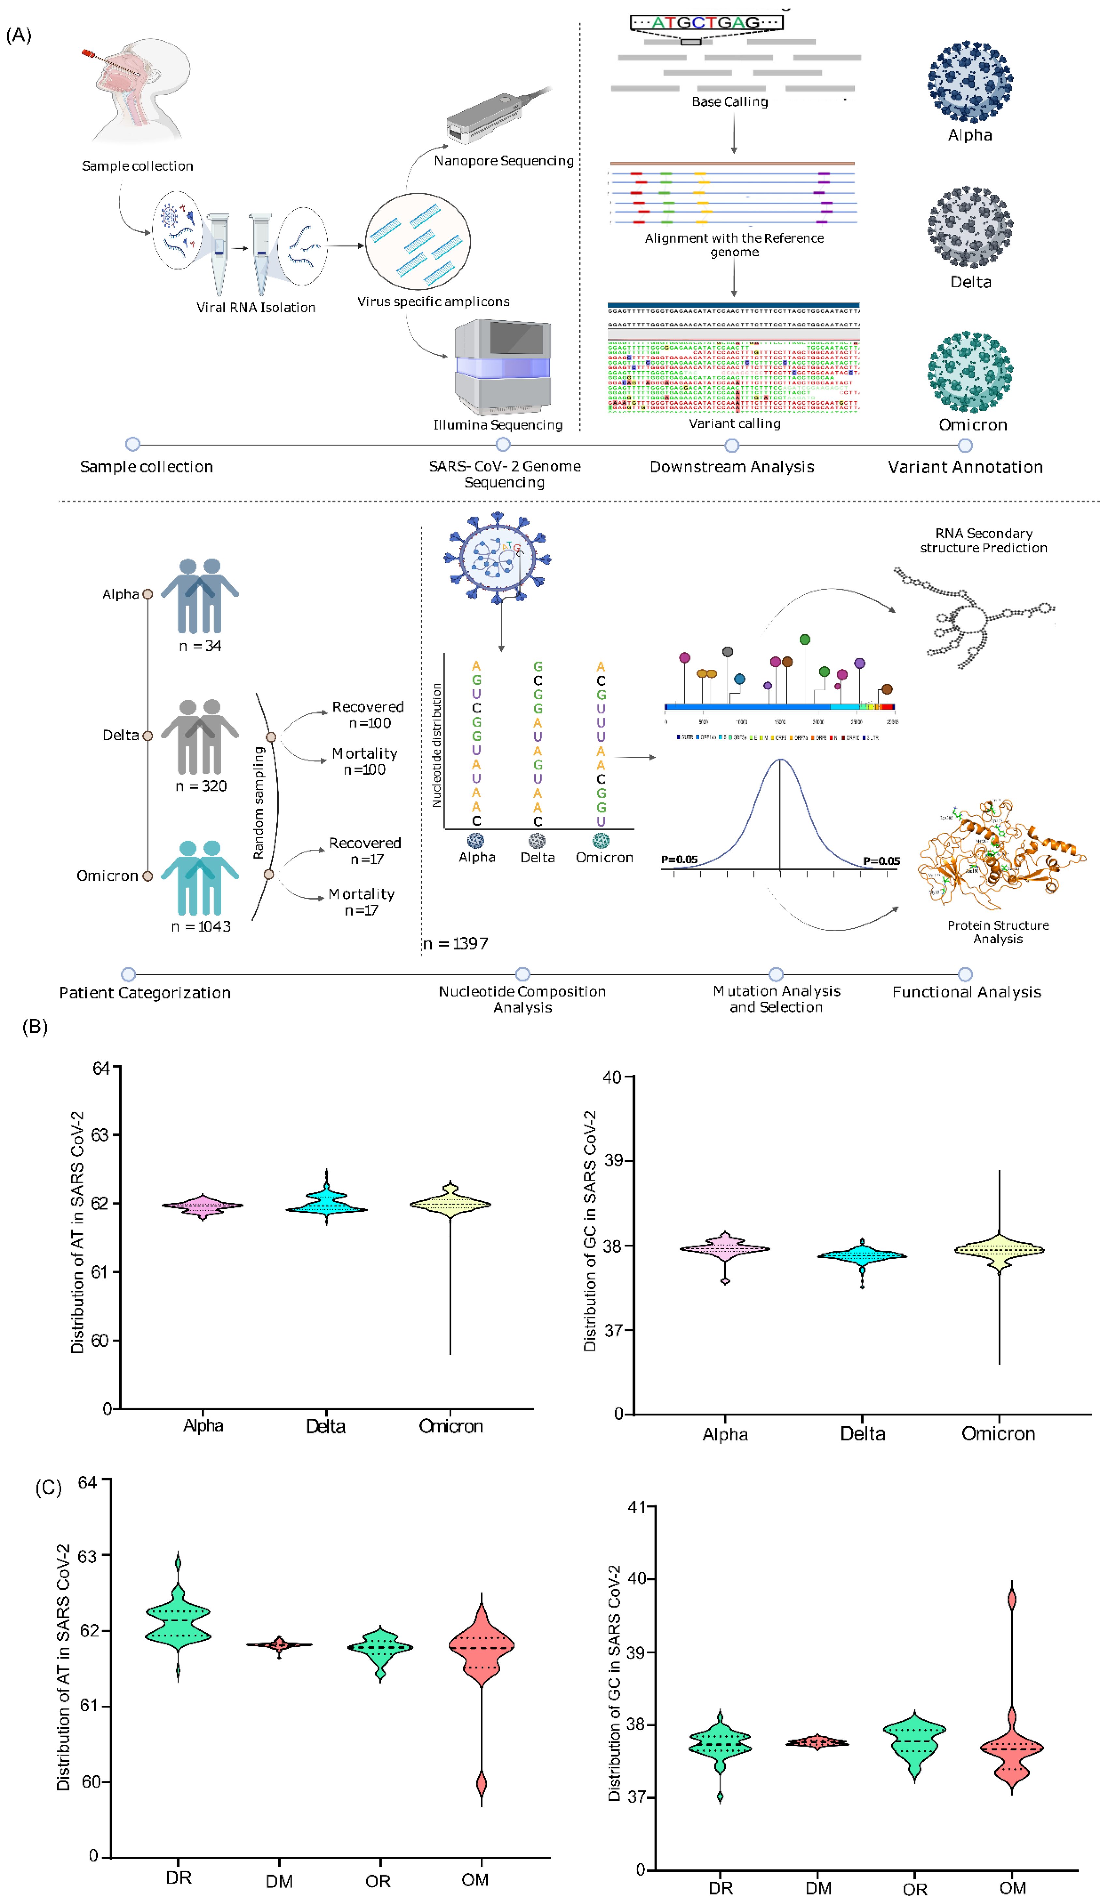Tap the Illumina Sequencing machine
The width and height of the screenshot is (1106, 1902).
click(x=502, y=366)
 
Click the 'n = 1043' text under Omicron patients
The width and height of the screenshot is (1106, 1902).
click(x=201, y=926)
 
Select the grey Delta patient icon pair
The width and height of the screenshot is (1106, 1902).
click(x=200, y=736)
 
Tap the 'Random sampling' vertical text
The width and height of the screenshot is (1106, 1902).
click(x=259, y=802)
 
